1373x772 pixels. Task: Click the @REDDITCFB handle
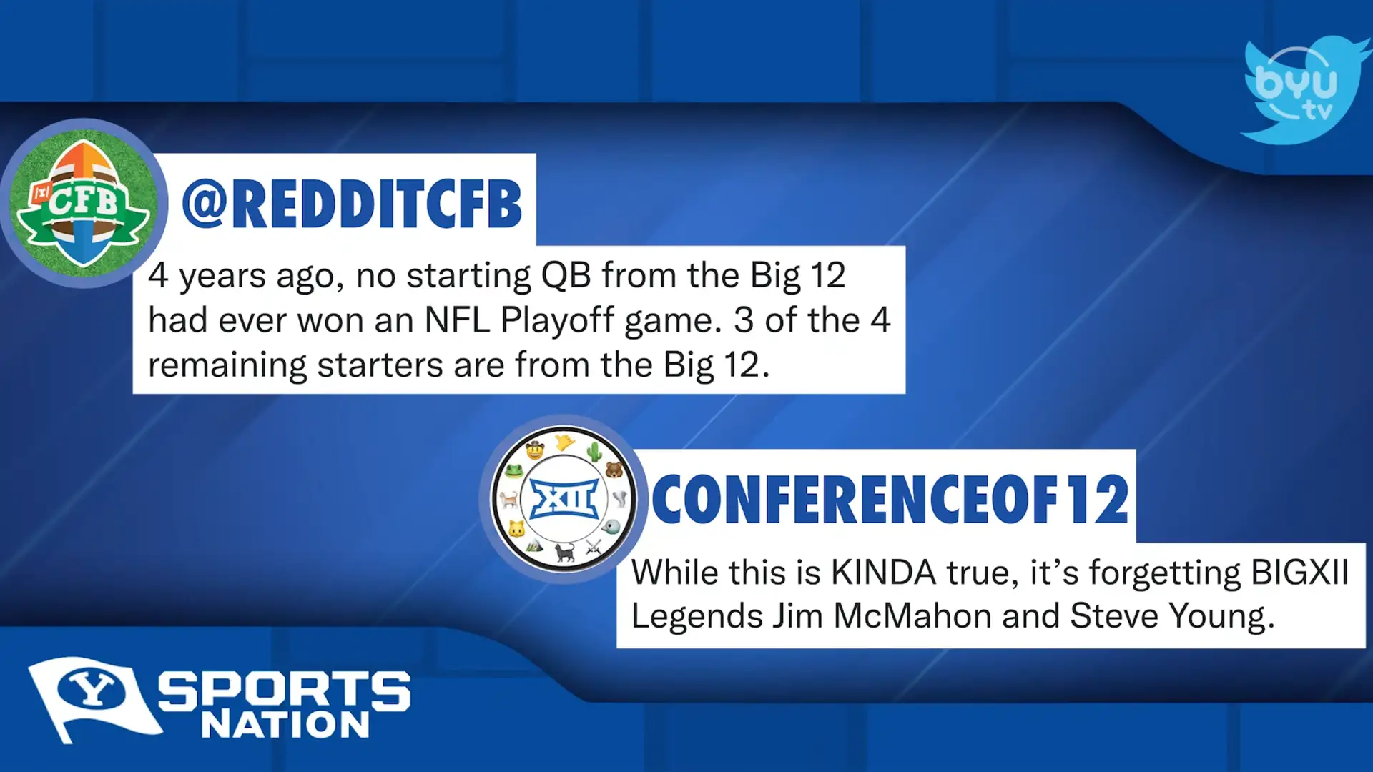(352, 204)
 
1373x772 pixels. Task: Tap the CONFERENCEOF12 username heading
(890, 500)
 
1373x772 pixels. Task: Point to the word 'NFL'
(457, 320)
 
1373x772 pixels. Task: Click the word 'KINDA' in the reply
(883, 573)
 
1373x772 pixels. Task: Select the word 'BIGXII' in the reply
(1299, 573)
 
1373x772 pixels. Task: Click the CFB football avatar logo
(84, 203)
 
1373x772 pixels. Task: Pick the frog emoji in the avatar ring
(513, 471)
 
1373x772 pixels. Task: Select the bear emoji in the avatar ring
(614, 470)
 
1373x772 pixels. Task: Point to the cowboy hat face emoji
(535, 450)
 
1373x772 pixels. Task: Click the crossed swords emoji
(594, 548)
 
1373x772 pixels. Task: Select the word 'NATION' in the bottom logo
(285, 725)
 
